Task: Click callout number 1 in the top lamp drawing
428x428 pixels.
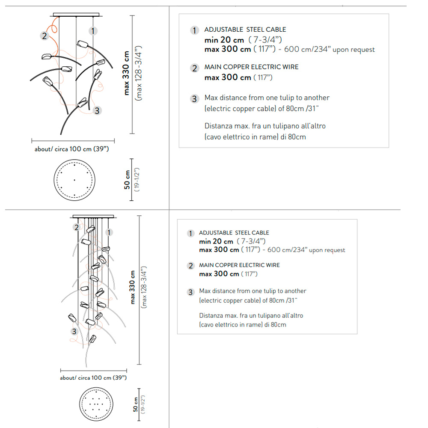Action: tap(93, 31)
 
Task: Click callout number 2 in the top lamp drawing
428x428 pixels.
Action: tap(45, 36)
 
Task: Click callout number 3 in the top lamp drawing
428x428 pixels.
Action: tap(97, 110)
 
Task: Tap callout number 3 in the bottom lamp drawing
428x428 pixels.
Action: tap(74, 331)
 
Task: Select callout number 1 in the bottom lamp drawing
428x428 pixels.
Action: tap(109, 232)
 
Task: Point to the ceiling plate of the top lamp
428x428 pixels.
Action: tap(76, 15)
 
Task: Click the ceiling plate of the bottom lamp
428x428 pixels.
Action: tap(93, 217)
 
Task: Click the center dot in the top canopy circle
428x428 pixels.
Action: tap(74, 180)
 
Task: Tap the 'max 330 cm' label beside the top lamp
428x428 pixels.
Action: tap(126, 73)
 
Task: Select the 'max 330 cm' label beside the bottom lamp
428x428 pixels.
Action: tap(132, 287)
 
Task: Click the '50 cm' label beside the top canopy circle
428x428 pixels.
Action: tap(127, 180)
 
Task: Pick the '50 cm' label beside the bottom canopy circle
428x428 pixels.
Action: tap(135, 404)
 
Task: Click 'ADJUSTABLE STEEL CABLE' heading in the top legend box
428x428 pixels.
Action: tap(245, 30)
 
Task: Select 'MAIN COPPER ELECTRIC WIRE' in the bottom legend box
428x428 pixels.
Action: tap(239, 265)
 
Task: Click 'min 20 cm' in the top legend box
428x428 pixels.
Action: tap(224, 40)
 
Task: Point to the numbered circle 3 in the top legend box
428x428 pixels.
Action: tap(194, 98)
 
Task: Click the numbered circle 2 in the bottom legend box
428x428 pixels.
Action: tap(191, 266)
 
